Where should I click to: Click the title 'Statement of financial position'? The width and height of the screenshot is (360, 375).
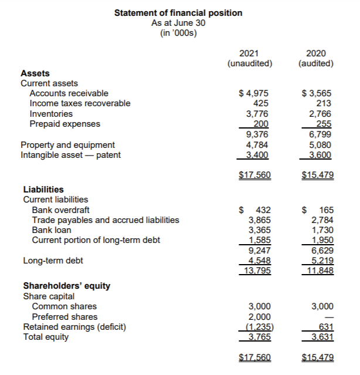click(178, 13)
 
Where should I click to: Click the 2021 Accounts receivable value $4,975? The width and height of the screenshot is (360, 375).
click(254, 93)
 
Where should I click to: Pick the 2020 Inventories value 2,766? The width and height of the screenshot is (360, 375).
click(320, 114)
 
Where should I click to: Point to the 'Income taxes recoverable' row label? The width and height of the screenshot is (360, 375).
click(80, 103)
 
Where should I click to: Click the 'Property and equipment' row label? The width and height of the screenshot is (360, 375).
click(67, 144)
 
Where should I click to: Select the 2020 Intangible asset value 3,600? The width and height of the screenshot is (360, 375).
click(320, 155)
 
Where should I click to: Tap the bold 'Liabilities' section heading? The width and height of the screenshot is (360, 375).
click(43, 190)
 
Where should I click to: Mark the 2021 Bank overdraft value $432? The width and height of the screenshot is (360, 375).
click(256, 210)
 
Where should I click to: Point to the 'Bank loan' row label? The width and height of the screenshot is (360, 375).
click(51, 230)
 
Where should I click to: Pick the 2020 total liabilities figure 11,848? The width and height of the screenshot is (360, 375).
click(318, 271)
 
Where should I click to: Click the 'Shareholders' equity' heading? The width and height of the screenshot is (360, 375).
click(66, 286)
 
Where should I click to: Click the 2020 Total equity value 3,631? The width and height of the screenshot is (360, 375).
click(320, 337)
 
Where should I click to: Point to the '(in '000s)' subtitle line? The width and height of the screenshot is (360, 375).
click(178, 33)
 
